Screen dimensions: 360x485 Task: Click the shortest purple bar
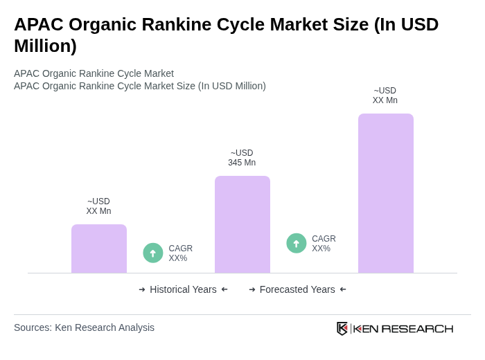(x=99, y=249)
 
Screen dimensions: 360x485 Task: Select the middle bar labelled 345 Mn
(x=242, y=224)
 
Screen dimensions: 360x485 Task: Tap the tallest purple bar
(x=386, y=193)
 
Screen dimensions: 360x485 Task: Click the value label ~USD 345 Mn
(x=242, y=158)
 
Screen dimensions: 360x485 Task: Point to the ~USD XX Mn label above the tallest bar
(x=385, y=96)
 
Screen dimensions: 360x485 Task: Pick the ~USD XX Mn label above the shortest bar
(x=98, y=206)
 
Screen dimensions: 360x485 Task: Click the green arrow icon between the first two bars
(x=153, y=253)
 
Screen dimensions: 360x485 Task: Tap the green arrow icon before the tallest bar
(x=297, y=243)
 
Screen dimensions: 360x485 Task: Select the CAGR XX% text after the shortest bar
(x=180, y=253)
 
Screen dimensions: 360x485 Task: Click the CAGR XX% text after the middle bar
(x=324, y=244)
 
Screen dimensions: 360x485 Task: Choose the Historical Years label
(x=183, y=289)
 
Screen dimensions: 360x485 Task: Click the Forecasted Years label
(x=297, y=289)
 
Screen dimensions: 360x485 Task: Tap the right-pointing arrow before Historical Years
(x=142, y=289)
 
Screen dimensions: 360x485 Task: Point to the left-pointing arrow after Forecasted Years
(x=343, y=289)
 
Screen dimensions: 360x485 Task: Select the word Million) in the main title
(x=45, y=46)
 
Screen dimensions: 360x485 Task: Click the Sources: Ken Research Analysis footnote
(x=84, y=327)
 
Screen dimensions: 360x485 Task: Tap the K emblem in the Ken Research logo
(x=342, y=328)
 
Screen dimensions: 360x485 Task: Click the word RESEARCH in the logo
(x=417, y=328)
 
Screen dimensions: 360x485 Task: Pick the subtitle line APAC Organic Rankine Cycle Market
(x=94, y=73)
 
